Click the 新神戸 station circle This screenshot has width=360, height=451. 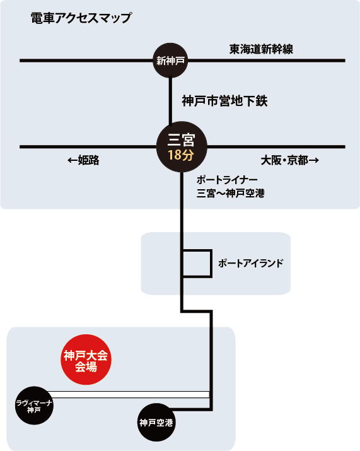tap(170, 61)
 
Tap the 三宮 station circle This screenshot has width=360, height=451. tap(182, 147)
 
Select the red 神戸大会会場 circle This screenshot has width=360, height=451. tap(86, 360)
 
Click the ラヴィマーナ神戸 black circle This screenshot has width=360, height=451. tap(34, 406)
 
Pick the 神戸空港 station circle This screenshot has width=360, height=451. tap(156, 422)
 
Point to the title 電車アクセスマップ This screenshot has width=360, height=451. tap(81, 18)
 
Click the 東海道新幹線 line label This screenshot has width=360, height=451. tap(261, 49)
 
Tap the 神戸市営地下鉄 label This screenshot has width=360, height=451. tap(224, 101)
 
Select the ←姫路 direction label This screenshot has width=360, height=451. tap(83, 160)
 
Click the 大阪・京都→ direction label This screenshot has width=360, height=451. tap(290, 160)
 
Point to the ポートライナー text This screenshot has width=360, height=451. tap(227, 180)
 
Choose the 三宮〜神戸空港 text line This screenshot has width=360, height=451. tap(231, 193)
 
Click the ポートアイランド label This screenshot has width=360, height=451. tap(251, 263)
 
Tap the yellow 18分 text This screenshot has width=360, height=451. tap(181, 155)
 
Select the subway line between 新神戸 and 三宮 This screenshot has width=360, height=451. tap(170, 101)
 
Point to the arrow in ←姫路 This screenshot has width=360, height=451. tap(73, 160)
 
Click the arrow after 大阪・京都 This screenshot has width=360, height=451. tap(314, 160)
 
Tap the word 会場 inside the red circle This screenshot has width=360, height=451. tap(86, 367)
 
